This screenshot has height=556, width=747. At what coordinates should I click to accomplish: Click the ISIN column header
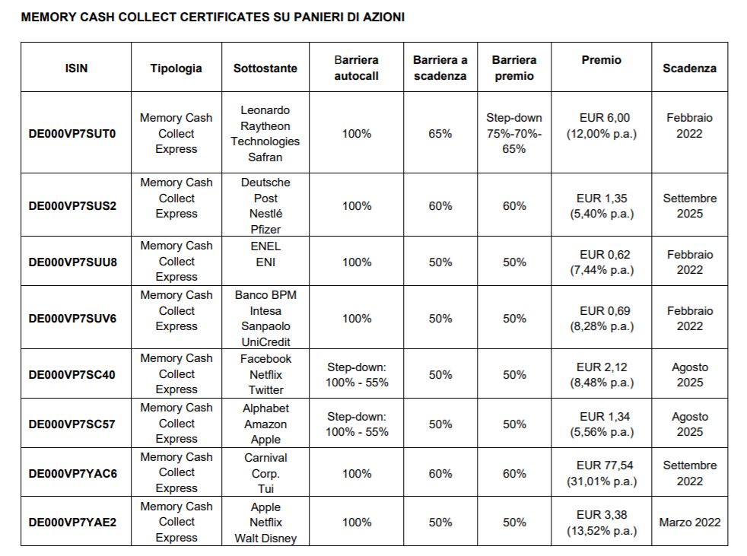76,68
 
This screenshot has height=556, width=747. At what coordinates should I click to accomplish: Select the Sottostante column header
265,68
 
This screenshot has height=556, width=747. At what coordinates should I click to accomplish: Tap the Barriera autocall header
356,68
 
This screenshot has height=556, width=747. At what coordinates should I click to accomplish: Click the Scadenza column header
689,68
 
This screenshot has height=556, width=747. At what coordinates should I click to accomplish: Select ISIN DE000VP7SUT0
72,133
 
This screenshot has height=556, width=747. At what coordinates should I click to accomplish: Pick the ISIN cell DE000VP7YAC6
72,474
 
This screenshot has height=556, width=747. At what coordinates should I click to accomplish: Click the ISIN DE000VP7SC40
72,374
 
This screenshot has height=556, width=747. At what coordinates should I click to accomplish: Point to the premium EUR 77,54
602,465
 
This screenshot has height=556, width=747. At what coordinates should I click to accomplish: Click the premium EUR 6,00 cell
602,125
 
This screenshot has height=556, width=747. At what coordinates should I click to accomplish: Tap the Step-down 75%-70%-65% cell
514,133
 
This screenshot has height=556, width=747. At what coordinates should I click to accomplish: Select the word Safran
265,157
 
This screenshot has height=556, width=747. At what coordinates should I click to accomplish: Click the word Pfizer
265,229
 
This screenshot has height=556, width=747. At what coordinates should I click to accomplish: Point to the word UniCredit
265,342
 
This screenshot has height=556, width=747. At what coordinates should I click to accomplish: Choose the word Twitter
265,389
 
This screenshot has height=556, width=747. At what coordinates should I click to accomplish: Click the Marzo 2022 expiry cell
689,523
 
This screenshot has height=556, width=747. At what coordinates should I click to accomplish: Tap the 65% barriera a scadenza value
440,133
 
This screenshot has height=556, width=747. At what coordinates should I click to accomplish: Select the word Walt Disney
265,538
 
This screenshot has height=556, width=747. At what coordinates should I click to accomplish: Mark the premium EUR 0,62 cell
602,262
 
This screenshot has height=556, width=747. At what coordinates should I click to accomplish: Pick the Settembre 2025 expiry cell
689,206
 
